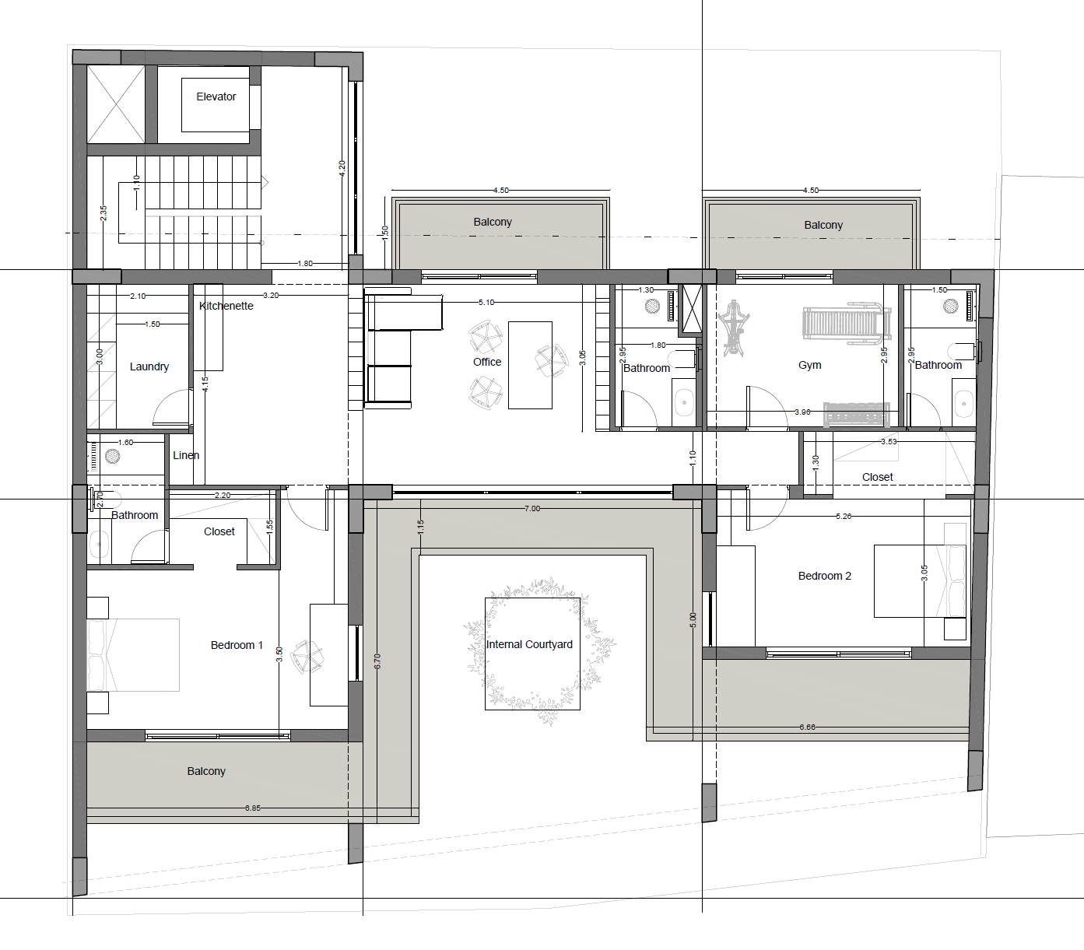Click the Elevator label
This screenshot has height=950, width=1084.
click(216, 96)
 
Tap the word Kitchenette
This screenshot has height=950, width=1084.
click(226, 306)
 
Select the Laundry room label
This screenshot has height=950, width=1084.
click(149, 367)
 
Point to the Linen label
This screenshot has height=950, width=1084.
click(186, 455)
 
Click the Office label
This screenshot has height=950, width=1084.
click(487, 362)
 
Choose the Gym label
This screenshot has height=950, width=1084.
click(809, 366)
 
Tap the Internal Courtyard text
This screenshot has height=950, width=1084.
click(529, 644)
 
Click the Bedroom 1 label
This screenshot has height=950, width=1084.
click(237, 645)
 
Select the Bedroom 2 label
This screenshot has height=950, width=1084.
click(825, 576)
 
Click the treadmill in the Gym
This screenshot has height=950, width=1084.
click(847, 323)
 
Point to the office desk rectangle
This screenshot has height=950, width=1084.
click(530, 366)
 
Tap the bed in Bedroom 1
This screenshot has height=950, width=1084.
click(133, 655)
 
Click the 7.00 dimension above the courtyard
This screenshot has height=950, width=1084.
click(531, 509)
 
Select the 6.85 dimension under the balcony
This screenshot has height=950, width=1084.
click(253, 808)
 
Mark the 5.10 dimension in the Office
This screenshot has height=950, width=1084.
click(486, 303)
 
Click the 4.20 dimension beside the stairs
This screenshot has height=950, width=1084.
click(342, 168)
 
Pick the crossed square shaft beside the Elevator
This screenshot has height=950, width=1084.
click(116, 104)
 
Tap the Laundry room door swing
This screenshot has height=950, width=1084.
click(172, 408)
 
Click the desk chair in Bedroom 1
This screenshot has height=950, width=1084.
click(307, 657)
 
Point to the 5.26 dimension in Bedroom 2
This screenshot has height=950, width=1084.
click(844, 517)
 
